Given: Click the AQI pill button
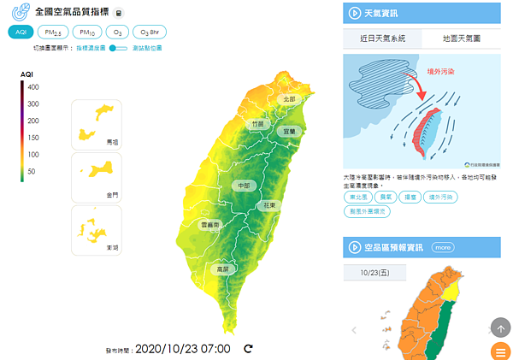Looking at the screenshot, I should [21, 32].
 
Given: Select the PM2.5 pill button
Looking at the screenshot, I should [56, 32].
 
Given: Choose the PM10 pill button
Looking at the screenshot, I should [85, 32].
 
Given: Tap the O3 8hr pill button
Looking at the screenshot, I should [149, 32].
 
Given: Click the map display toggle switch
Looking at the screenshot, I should [118, 48].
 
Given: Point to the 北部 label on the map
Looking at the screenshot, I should [289, 99].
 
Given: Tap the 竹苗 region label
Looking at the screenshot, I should [257, 124].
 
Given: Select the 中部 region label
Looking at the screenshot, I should [241, 186].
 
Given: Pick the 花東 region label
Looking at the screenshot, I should [269, 206].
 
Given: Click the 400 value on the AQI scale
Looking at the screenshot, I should [32, 86].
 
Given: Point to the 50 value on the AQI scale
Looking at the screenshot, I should [32, 171].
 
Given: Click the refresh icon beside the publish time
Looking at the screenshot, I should [248, 348].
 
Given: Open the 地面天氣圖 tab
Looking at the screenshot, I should [461, 38].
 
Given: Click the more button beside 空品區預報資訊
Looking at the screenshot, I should [442, 247].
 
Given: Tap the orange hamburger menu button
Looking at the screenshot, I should [501, 351].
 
